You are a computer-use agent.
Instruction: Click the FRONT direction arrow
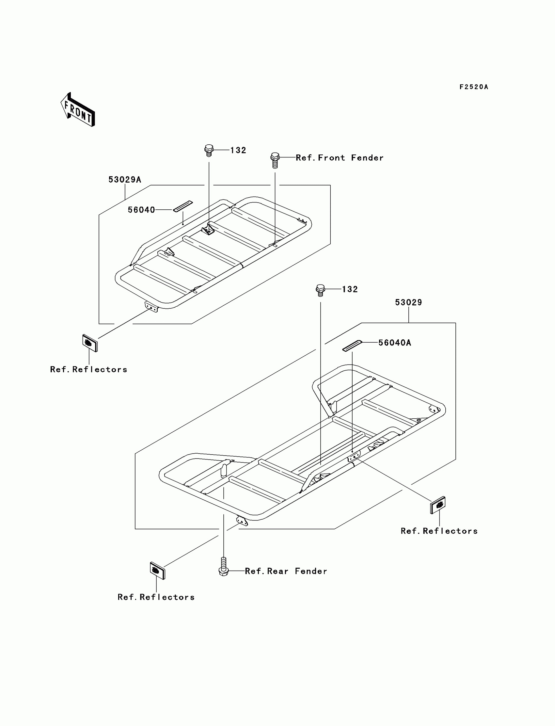pyautogui.click(x=78, y=109)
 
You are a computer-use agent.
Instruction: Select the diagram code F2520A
pyautogui.click(x=473, y=87)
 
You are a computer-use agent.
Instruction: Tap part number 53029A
pyautogui.click(x=124, y=179)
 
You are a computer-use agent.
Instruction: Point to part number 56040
pyautogui.click(x=141, y=210)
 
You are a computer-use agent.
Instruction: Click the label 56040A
pyautogui.click(x=394, y=343)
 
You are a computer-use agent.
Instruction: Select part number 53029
pyautogui.click(x=408, y=302)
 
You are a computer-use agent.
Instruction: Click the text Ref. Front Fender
pyautogui.click(x=339, y=158)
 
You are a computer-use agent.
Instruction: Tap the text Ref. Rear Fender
pyautogui.click(x=286, y=571)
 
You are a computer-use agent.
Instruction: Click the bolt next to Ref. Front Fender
pyautogui.click(x=275, y=160)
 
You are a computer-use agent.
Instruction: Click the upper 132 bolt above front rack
pyautogui.click(x=209, y=150)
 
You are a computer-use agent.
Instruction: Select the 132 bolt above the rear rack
pyautogui.click(x=320, y=290)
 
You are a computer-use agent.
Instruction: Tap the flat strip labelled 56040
pyautogui.click(x=183, y=206)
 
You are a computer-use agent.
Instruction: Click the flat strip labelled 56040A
pyautogui.click(x=352, y=346)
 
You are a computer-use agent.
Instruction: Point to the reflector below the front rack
pyautogui.click(x=90, y=343)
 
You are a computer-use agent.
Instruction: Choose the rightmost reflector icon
pyautogui.click(x=438, y=505)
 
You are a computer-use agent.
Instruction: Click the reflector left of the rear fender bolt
pyautogui.click(x=157, y=570)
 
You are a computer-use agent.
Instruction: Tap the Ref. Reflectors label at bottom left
pyautogui.click(x=156, y=597)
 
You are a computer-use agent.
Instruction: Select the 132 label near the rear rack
pyautogui.click(x=350, y=289)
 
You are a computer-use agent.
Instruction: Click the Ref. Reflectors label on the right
pyautogui.click(x=439, y=531)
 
